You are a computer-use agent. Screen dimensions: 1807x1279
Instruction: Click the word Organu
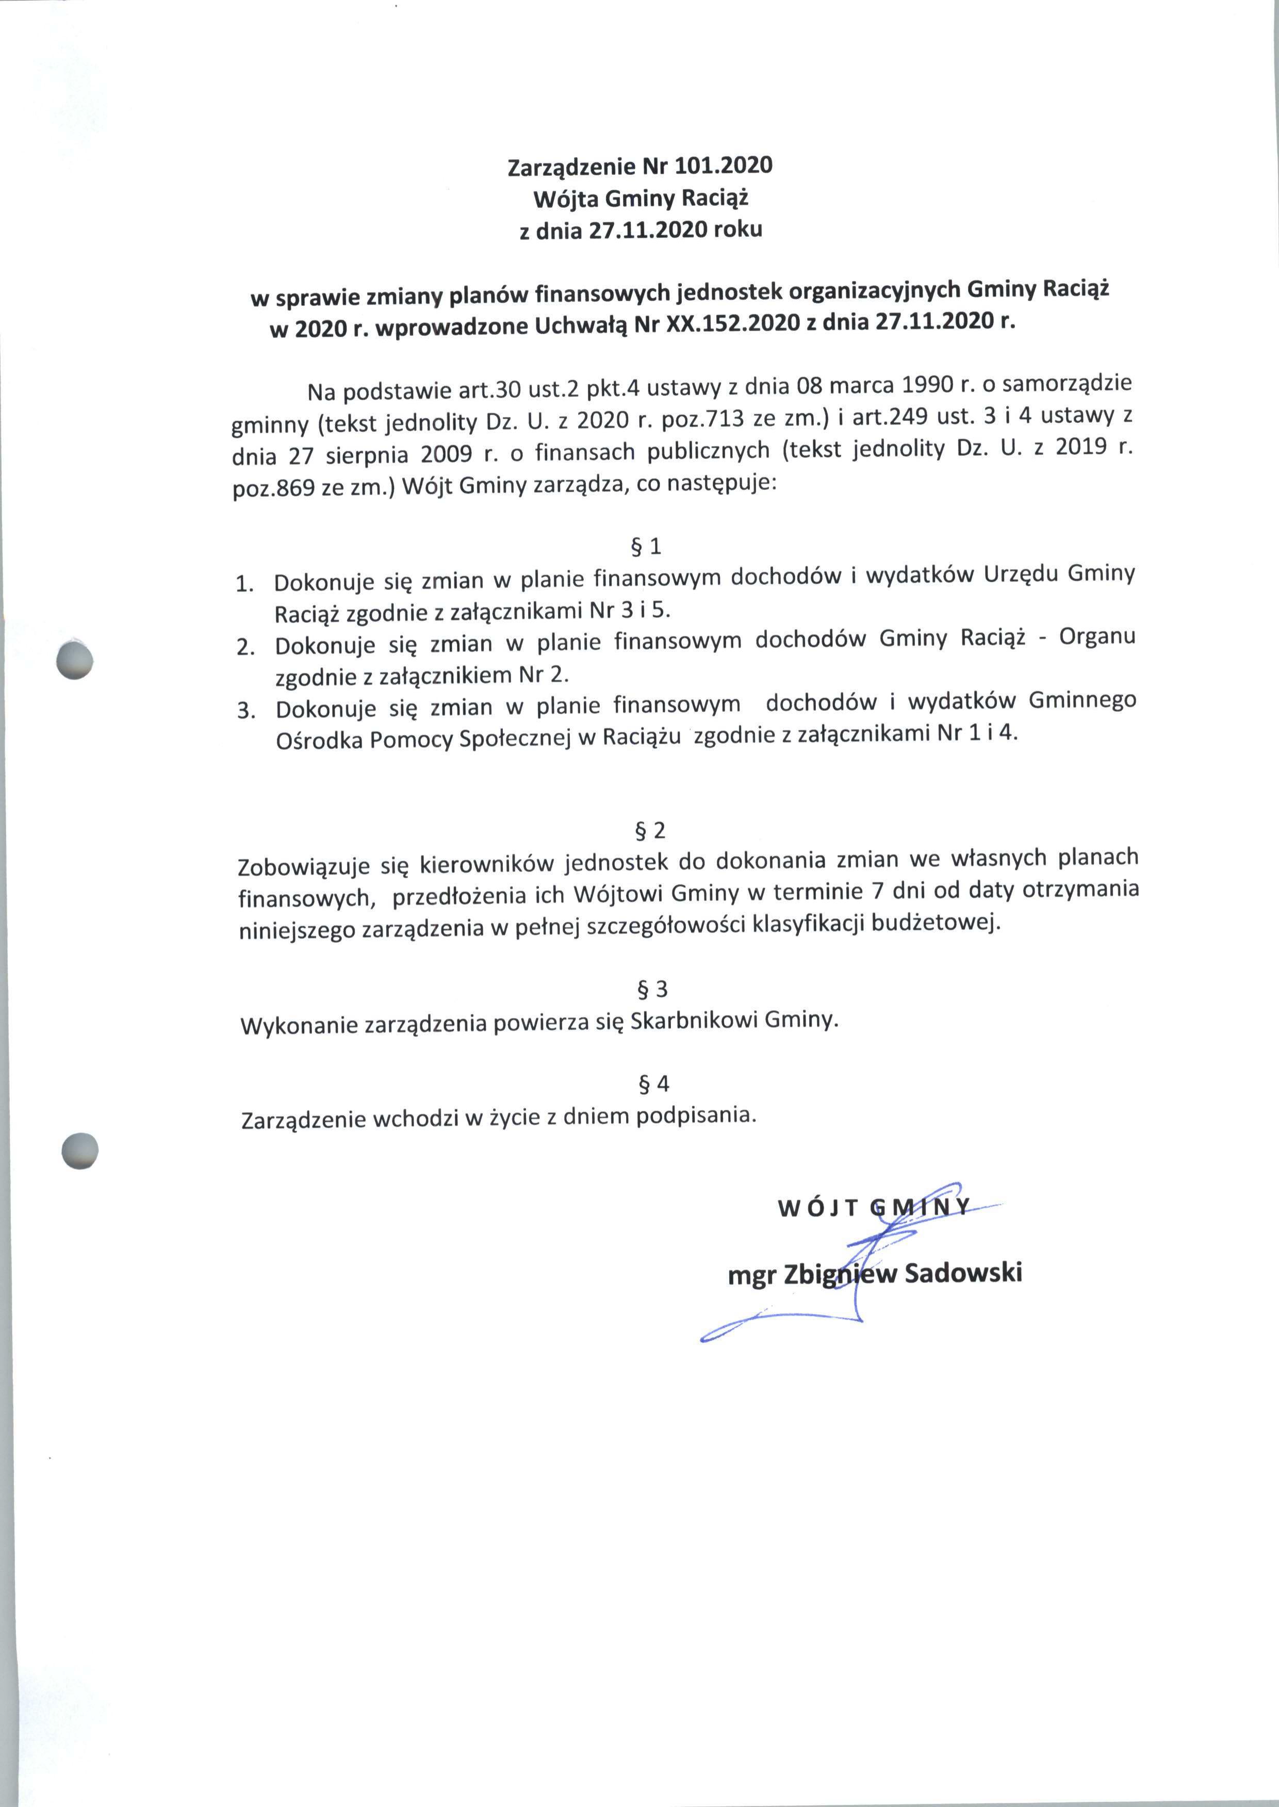click(x=1097, y=636)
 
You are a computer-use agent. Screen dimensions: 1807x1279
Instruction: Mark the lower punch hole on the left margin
click(x=79, y=1151)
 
